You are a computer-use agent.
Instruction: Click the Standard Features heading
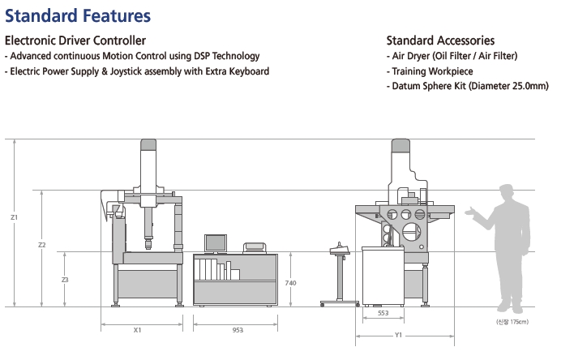[x=78, y=15]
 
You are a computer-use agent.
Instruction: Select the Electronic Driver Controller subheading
[x=75, y=41]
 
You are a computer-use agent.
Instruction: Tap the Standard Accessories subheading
[x=440, y=41]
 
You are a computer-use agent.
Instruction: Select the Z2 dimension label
[x=42, y=245]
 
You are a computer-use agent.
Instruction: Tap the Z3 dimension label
[x=65, y=280]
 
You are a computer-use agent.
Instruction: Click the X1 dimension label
[x=138, y=330]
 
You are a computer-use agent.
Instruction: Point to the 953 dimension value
[x=237, y=330]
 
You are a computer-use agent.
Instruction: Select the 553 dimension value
[x=383, y=312]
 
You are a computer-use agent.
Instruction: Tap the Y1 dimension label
[x=398, y=335]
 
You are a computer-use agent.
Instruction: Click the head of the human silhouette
[x=508, y=194]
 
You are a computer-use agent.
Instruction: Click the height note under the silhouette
[x=512, y=323]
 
